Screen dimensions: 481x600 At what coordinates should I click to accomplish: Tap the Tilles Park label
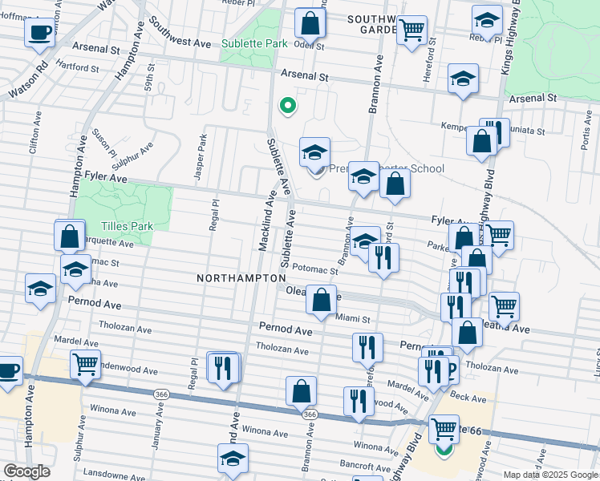[128, 227]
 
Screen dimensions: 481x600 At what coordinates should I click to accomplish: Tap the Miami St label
[353, 318]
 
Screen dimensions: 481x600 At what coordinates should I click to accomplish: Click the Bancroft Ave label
[364, 464]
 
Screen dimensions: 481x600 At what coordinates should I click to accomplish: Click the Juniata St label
[529, 131]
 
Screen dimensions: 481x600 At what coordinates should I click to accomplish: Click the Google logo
[26, 471]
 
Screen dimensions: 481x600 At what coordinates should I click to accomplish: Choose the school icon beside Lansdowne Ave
[233, 459]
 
